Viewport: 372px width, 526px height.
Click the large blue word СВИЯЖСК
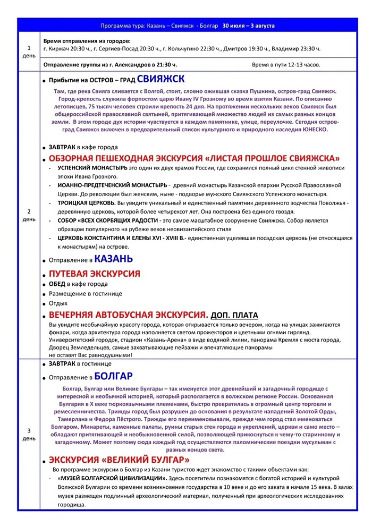coord(160,80)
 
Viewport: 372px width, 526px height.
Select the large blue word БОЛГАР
coord(114,377)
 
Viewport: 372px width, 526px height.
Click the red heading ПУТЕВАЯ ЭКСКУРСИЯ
coord(94,274)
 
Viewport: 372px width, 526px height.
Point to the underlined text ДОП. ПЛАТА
coord(234,315)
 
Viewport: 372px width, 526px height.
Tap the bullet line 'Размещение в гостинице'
coord(86,294)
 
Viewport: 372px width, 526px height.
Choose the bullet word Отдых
coord(58,303)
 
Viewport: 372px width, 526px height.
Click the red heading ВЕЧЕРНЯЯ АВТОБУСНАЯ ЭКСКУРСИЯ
coord(128,315)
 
